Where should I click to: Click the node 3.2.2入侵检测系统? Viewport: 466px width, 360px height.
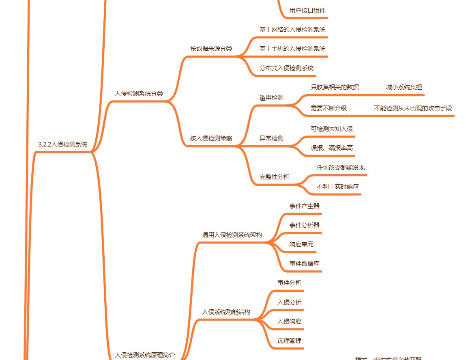[x=62, y=144]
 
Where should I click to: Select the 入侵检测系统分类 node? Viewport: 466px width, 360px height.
[x=139, y=94]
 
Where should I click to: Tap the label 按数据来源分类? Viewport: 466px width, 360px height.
[x=211, y=49]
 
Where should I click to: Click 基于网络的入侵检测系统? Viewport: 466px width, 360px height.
[x=292, y=30]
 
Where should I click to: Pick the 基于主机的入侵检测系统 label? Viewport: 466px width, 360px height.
[x=292, y=49]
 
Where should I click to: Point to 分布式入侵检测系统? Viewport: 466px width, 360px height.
[x=286, y=68]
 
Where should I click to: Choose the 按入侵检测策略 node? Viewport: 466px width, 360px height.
[x=211, y=138]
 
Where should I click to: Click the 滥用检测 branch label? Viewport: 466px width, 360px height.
[x=271, y=98]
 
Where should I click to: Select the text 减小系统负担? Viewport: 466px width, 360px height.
[x=404, y=87]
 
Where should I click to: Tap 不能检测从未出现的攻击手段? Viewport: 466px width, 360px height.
[x=412, y=108]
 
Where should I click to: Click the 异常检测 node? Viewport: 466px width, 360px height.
[x=271, y=138]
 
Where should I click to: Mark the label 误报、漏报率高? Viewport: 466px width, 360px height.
[x=332, y=148]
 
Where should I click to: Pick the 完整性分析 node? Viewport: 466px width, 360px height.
[x=275, y=177]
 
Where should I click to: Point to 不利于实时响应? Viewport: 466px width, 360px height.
[x=337, y=187]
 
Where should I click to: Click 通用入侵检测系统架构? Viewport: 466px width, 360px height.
[x=232, y=235]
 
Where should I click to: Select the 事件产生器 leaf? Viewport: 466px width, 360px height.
[x=304, y=206]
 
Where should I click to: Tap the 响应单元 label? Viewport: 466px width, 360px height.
[x=301, y=244]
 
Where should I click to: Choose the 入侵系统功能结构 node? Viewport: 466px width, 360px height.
[x=226, y=312]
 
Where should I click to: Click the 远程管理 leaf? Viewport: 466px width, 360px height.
[x=289, y=341]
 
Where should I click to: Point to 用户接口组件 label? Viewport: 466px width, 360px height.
[x=307, y=11]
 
